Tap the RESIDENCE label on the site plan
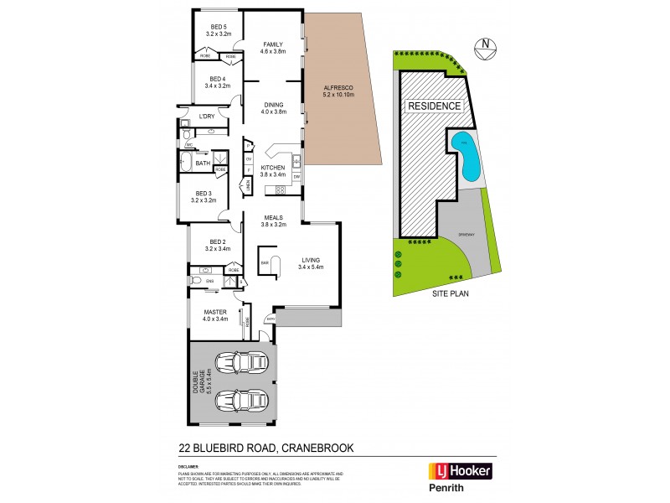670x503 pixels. tap(433, 106)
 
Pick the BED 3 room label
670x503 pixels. tap(204, 197)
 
